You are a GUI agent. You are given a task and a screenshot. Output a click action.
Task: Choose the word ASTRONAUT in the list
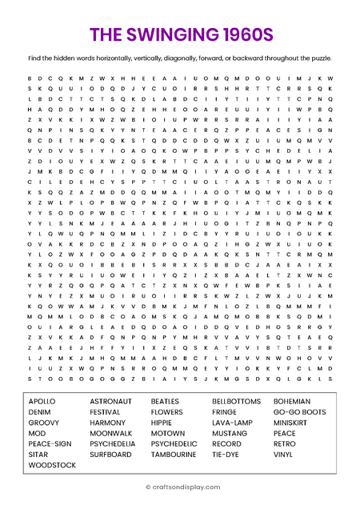point(110,400)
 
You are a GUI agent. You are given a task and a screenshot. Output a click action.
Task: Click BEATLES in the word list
point(166,400)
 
